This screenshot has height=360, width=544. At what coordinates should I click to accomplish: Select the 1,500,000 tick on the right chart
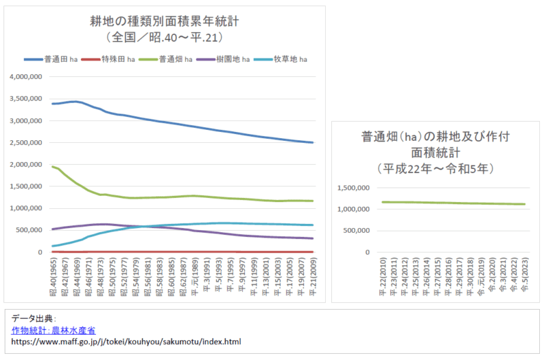(352, 188)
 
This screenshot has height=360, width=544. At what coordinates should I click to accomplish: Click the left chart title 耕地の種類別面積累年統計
(165, 21)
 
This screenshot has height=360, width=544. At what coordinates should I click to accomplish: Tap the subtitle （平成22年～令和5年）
(435, 167)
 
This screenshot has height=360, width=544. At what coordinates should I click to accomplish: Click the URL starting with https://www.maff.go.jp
(126, 342)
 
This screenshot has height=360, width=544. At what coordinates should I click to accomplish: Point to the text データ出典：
(34, 318)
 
